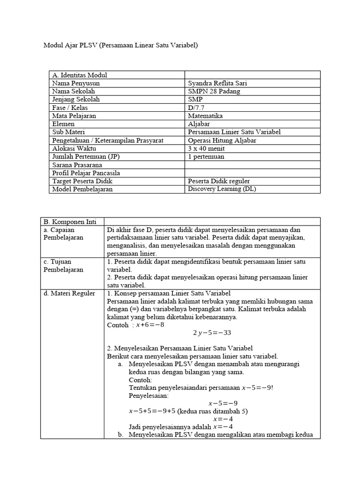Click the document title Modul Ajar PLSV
click(x=121, y=46)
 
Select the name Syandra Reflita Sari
click(x=218, y=83)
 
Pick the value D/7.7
click(x=196, y=108)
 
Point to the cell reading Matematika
click(x=205, y=116)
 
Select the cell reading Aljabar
click(x=199, y=124)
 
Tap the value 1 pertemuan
click(x=206, y=156)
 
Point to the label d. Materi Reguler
click(x=69, y=294)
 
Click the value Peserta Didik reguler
click(x=219, y=181)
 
